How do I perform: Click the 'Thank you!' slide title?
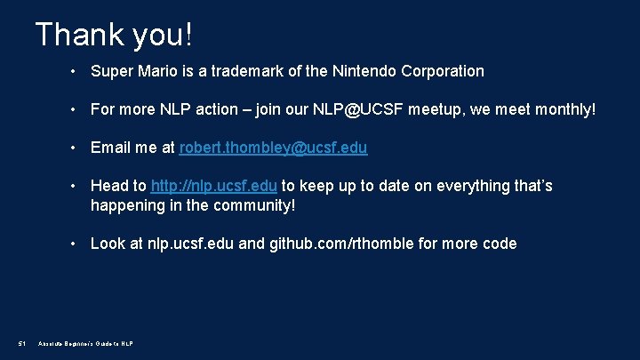[114, 35]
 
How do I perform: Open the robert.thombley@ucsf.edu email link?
[273, 148]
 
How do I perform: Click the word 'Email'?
[110, 148]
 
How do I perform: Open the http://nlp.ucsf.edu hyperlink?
[214, 186]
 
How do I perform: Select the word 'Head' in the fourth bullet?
[109, 186]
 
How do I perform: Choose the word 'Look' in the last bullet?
[108, 244]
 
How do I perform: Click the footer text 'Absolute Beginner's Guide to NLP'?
[85, 344]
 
